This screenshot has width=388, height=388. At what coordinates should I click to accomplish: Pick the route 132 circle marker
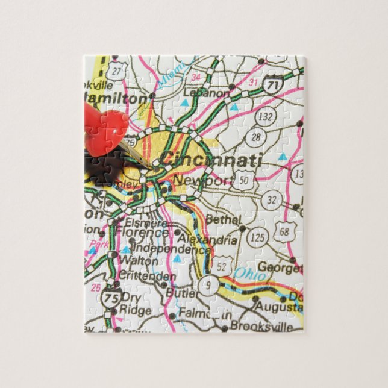266,114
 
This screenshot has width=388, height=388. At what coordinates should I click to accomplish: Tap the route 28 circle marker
257,137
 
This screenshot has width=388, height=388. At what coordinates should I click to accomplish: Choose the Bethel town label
222,220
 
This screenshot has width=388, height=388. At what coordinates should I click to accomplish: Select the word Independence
162,248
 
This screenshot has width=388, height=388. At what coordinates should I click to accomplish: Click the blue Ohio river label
245,273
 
